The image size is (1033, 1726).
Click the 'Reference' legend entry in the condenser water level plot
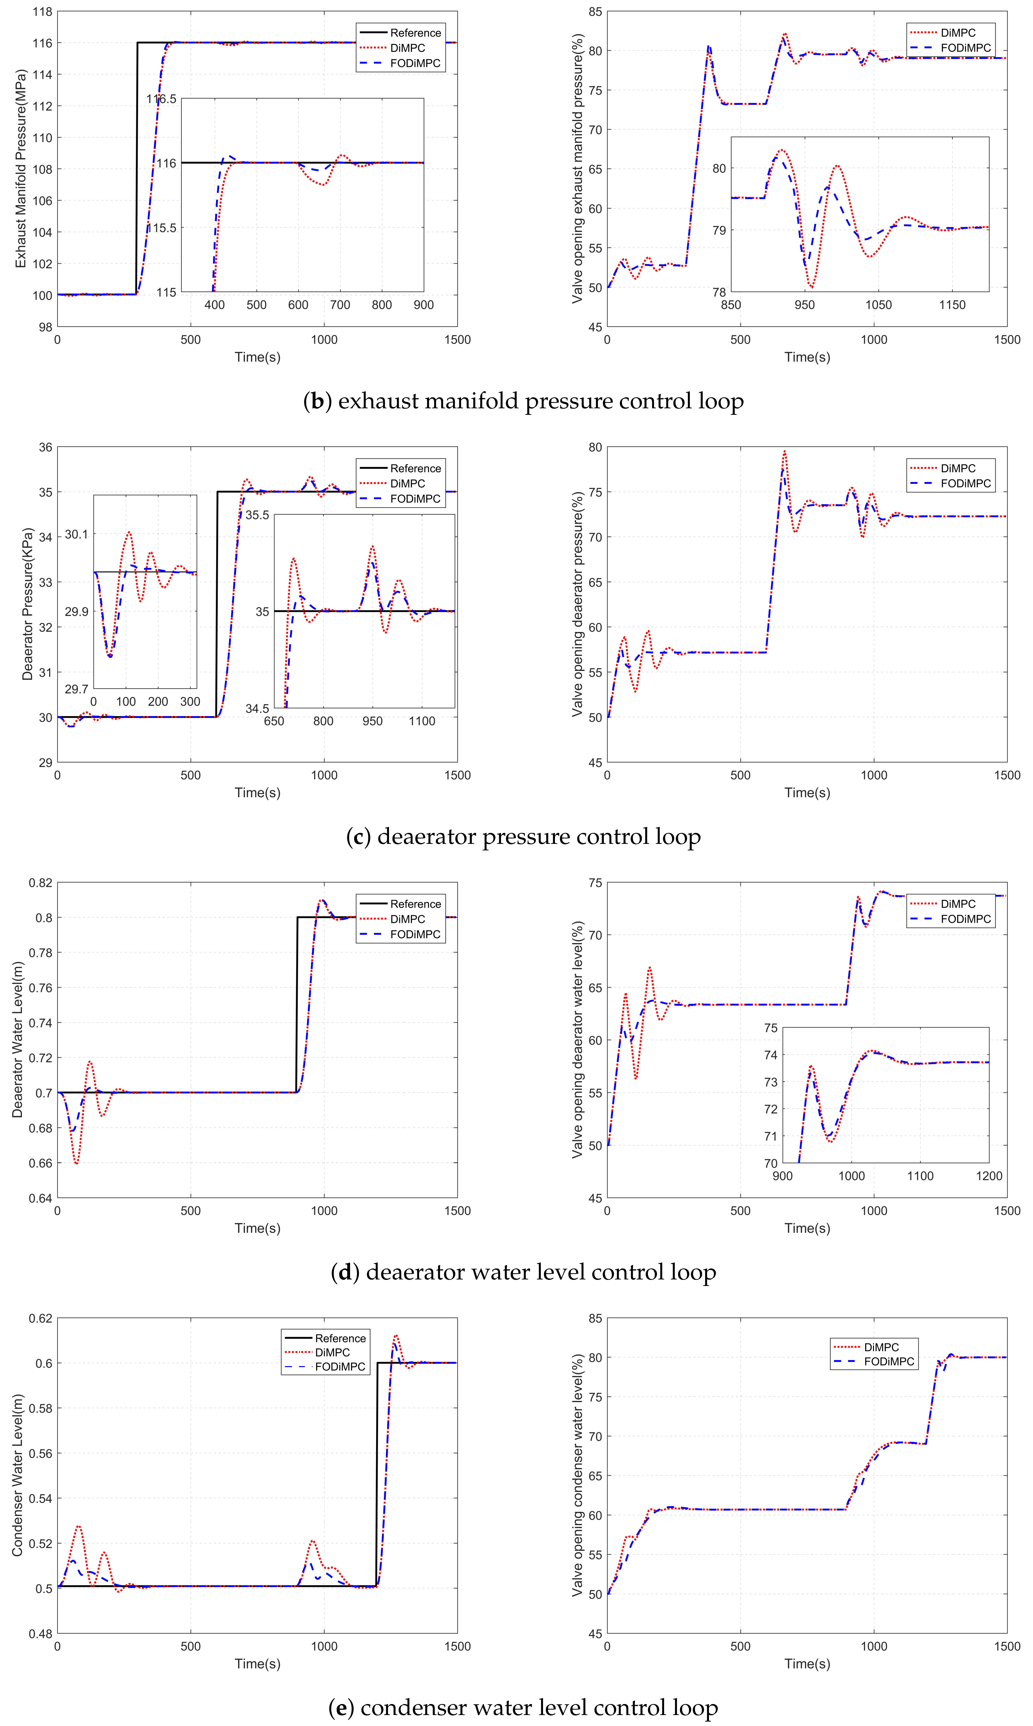coord(340,1338)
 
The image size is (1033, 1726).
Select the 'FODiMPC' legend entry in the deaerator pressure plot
coord(415,499)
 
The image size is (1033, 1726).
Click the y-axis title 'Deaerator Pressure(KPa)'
coord(27,604)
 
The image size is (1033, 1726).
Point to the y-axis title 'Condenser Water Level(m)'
coord(17,1475)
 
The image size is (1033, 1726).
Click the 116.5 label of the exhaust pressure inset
coord(162,99)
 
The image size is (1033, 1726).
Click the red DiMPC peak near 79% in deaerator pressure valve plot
coord(785,451)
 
